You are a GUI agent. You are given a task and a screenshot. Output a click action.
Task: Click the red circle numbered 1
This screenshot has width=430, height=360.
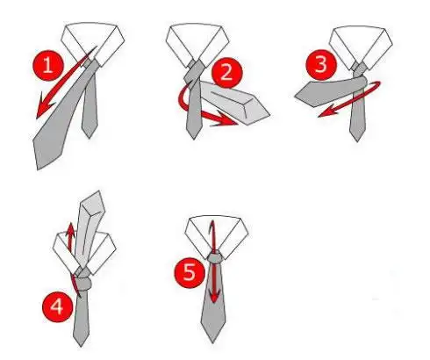[x=48, y=65]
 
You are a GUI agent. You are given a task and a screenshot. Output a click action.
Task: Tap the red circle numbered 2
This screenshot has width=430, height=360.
[x=226, y=73]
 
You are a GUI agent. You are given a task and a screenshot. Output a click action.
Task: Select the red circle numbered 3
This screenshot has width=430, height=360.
[x=321, y=65]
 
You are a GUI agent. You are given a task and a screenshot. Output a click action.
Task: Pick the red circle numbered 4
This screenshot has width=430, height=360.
[x=57, y=307]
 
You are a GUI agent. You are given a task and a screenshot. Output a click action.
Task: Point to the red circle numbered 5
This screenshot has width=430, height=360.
[x=190, y=272]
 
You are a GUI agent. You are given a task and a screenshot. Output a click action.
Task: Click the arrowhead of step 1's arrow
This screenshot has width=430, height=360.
[x=44, y=107]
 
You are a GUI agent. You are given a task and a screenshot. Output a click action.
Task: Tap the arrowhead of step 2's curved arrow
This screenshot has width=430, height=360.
[x=226, y=119]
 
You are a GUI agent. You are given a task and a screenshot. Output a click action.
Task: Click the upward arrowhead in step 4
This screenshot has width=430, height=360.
[x=70, y=230]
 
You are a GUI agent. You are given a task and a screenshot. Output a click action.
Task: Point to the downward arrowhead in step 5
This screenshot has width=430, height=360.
[x=215, y=297]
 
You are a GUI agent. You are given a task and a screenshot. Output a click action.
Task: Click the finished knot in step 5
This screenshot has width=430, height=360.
[x=216, y=258]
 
